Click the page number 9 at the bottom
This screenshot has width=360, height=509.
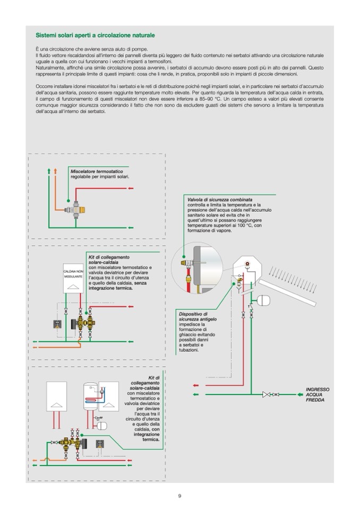(x=179, y=496)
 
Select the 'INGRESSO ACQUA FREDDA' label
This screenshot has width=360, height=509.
(x=317, y=394)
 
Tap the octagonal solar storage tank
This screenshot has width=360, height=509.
(x=249, y=271)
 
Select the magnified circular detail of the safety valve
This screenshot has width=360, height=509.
(x=196, y=269)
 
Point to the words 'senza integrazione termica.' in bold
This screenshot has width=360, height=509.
(x=118, y=286)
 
